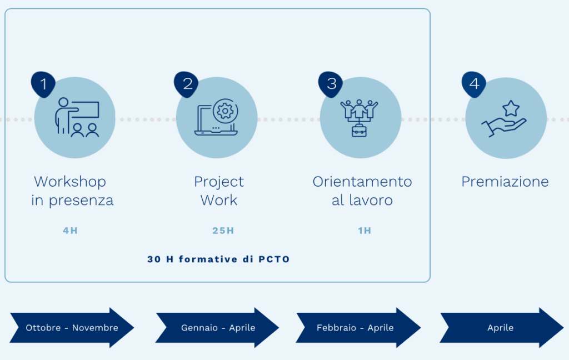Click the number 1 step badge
point(43,84)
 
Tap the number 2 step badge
point(186,84)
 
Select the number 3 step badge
point(331,84)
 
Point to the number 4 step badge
point(474,84)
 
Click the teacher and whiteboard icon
point(77,117)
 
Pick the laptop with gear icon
point(216,117)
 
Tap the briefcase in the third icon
point(360,131)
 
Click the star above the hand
point(511,108)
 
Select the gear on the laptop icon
point(226,111)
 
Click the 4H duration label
point(71,231)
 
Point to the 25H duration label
point(223,231)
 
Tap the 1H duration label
point(365,231)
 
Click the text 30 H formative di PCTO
point(218,259)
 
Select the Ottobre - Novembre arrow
point(72,328)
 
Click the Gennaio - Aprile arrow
point(217,328)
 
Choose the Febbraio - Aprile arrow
point(358,328)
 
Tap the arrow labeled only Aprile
point(502,328)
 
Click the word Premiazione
point(505,182)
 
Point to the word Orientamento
point(362,182)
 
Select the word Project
point(219,182)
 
